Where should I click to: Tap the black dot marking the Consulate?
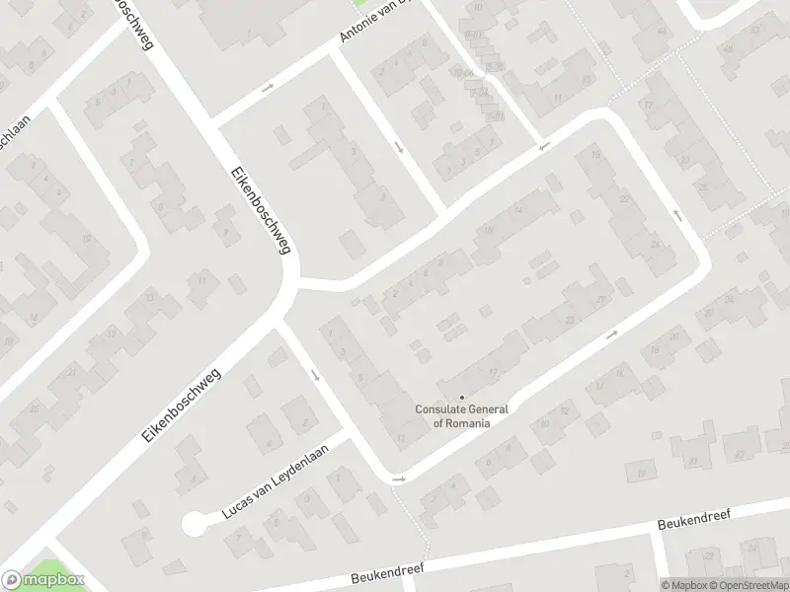coord(462,398)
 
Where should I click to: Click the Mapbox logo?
coord(42,580)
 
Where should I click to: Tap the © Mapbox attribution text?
coord(682,585)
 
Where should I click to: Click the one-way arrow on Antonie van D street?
coord(267,89)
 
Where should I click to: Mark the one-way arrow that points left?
coord(541,148)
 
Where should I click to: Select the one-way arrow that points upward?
coord(677,213)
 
